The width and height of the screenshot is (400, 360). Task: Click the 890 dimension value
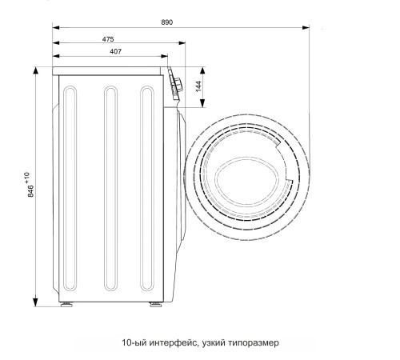(167, 22)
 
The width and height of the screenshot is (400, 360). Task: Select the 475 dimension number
(108, 39)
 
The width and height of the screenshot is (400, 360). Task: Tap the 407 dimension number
(116, 51)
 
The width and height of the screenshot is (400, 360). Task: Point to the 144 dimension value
(198, 86)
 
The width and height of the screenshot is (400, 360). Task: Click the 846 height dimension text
(31, 191)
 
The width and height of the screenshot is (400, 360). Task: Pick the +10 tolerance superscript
(26, 178)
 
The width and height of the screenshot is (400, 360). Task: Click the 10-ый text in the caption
(134, 342)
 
